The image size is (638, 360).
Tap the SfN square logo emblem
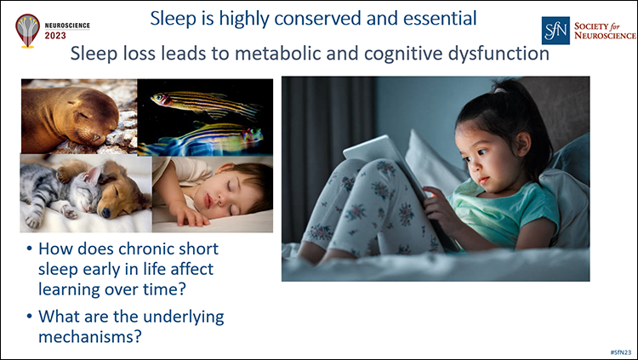click(x=555, y=30)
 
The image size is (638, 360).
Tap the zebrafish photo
click(x=204, y=117)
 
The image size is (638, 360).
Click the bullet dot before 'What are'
click(x=30, y=317)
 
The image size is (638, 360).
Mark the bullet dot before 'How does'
click(x=30, y=249)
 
